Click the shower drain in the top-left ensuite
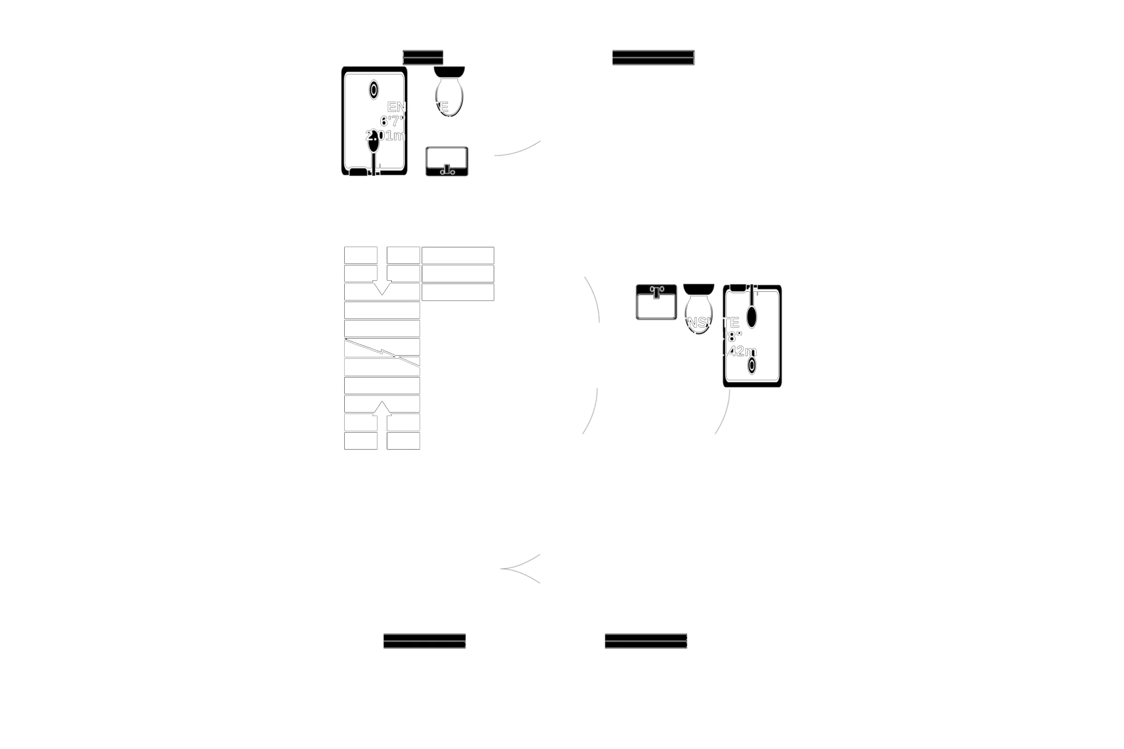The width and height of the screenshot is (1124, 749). point(374,89)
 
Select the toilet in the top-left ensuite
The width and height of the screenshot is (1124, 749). point(449,90)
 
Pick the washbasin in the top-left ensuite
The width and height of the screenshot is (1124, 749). point(447,160)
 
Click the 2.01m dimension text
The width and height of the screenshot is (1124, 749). point(385,135)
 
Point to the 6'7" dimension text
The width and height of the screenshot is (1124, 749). point(391,121)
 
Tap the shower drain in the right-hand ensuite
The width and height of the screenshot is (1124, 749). point(752,365)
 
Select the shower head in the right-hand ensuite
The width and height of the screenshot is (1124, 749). point(752,316)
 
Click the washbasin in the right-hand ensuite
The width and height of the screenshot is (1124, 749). point(656,302)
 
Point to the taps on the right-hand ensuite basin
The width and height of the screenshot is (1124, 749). point(656,289)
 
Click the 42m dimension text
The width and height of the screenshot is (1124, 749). point(740,351)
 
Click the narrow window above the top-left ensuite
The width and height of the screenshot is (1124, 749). point(423,56)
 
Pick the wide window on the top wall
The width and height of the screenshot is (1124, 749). point(653,57)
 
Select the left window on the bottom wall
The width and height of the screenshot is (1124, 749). point(425,640)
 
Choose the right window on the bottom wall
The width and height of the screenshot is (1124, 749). point(645,640)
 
